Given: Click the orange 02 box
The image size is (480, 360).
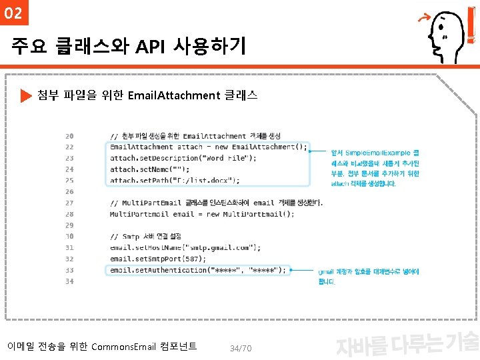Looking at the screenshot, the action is [13, 13].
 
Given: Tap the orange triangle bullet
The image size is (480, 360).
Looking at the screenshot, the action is [26, 96].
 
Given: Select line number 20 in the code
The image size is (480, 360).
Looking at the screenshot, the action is [69, 136].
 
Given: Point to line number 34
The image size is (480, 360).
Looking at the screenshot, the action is [69, 281].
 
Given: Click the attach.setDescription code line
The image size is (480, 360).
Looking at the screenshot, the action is [183, 158].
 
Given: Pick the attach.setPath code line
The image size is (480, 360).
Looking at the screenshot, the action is [175, 180].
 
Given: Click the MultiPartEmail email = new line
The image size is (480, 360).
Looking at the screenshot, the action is [201, 214].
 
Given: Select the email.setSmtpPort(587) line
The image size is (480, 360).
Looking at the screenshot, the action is [158, 259].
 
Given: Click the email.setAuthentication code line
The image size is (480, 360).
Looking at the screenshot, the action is [197, 270].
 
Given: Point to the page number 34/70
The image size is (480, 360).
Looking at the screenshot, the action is [240, 349].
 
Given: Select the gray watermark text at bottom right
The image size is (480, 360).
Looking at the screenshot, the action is [407, 343].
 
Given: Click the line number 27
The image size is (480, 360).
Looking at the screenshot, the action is [69, 203].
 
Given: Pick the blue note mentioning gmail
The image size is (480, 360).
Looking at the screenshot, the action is [368, 277].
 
